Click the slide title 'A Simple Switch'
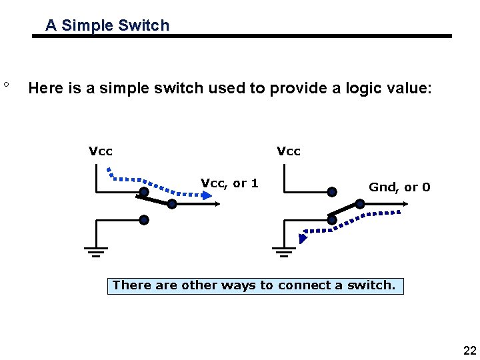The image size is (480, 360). click(x=107, y=26)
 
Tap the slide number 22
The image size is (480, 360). click(x=469, y=351)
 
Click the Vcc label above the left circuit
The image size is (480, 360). click(x=101, y=151)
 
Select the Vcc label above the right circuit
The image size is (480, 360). click(x=289, y=151)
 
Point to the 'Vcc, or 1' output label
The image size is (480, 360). click(x=229, y=183)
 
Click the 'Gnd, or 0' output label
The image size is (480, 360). click(x=399, y=187)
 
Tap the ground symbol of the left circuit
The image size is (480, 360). click(x=96, y=251)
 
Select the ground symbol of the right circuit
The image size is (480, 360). click(x=284, y=251)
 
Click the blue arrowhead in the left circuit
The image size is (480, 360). click(x=206, y=195)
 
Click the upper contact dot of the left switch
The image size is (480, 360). click(x=143, y=192)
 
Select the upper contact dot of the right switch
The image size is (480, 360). click(x=331, y=192)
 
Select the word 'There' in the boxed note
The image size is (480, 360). click(x=132, y=285)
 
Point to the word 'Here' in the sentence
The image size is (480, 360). click(x=47, y=88)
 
